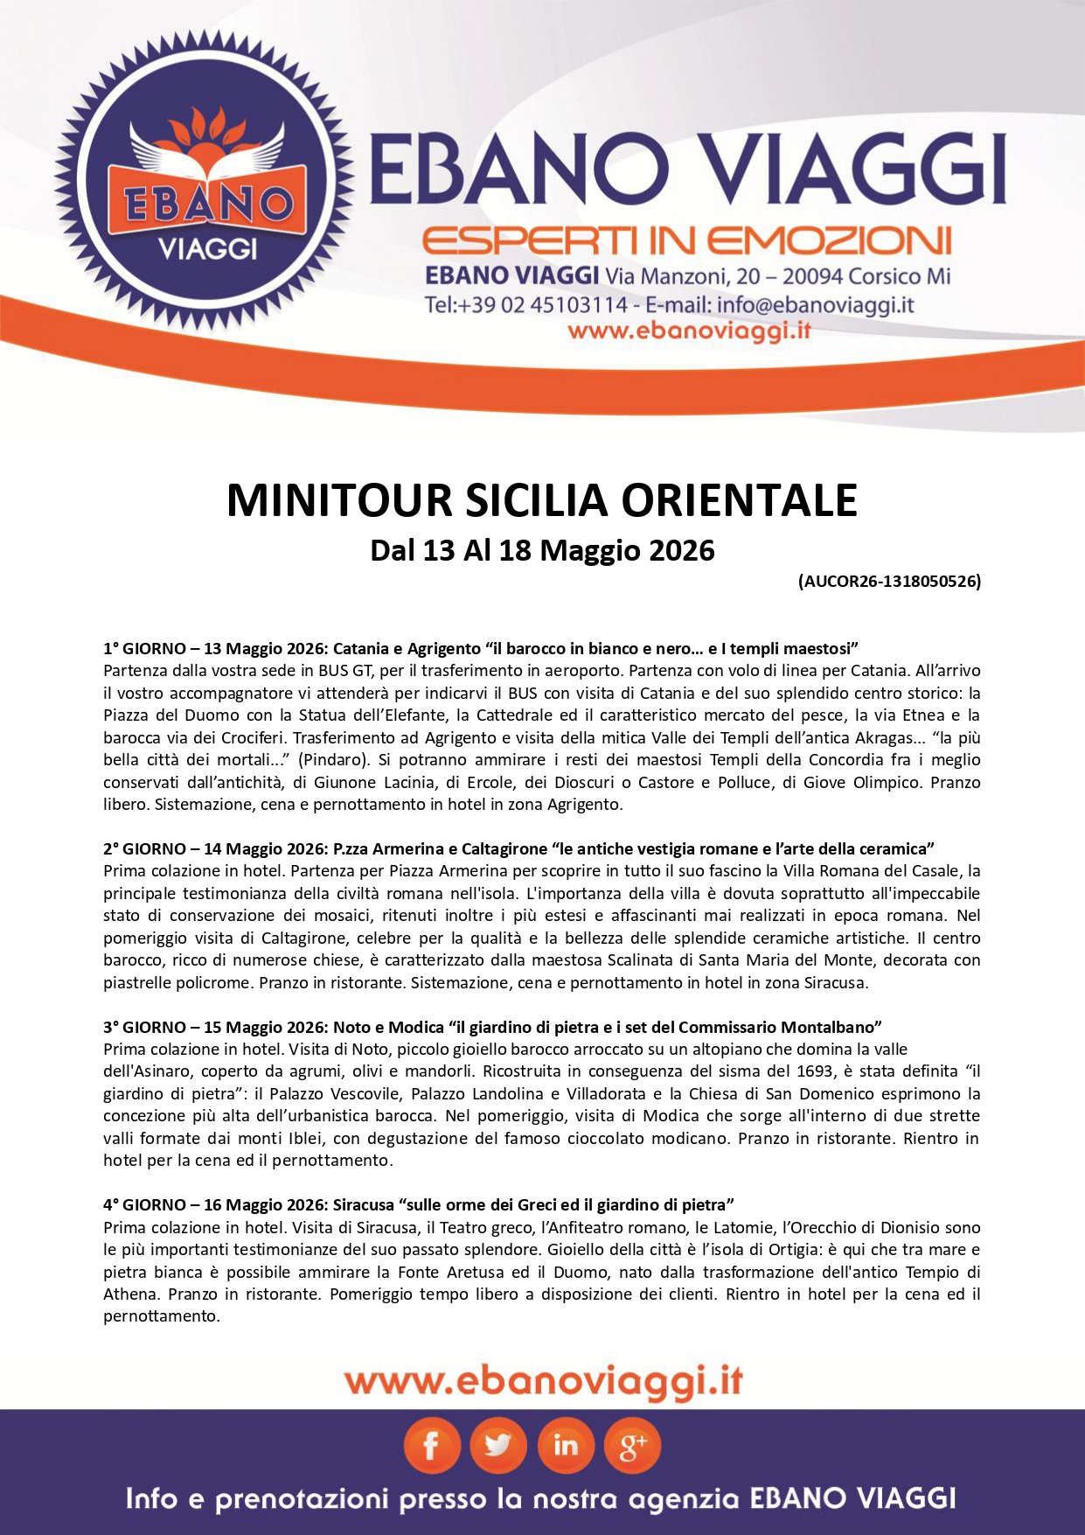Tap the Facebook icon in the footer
click(x=431, y=1447)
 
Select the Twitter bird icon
click(x=498, y=1447)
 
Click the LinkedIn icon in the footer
click(x=566, y=1447)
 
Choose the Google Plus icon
click(x=632, y=1447)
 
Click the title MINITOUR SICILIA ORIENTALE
click(x=542, y=501)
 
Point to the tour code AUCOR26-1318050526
click(x=889, y=581)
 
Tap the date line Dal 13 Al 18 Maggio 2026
click(x=542, y=550)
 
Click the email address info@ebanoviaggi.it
click(x=815, y=305)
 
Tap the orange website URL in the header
click(x=689, y=331)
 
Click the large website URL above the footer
click(x=543, y=1382)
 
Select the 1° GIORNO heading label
click(x=144, y=649)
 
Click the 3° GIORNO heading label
click(x=144, y=1027)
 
